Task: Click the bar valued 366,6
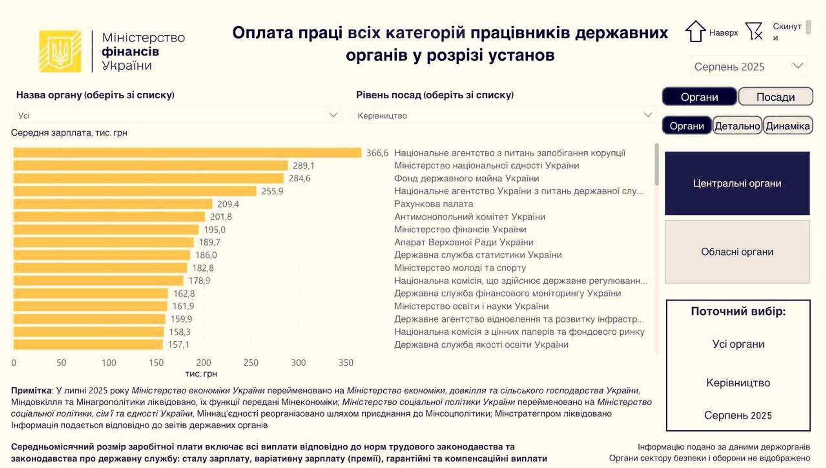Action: [x=187, y=153]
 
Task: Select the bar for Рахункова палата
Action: [x=113, y=204]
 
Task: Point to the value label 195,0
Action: [x=215, y=230]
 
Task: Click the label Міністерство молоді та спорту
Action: [x=460, y=268]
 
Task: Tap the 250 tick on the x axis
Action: [x=251, y=363]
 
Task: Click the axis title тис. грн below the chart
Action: [x=201, y=374]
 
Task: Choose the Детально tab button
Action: [x=737, y=126]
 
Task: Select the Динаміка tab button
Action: [x=788, y=126]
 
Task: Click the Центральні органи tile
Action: [x=737, y=184]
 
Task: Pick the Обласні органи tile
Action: [x=737, y=252]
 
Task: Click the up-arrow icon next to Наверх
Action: [x=695, y=32]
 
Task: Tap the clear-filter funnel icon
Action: [x=754, y=31]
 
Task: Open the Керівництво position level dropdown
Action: [x=504, y=115]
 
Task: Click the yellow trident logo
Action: [x=60, y=52]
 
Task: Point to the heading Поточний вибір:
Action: [x=738, y=311]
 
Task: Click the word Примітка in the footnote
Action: [x=31, y=391]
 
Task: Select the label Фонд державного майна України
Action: [x=466, y=178]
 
